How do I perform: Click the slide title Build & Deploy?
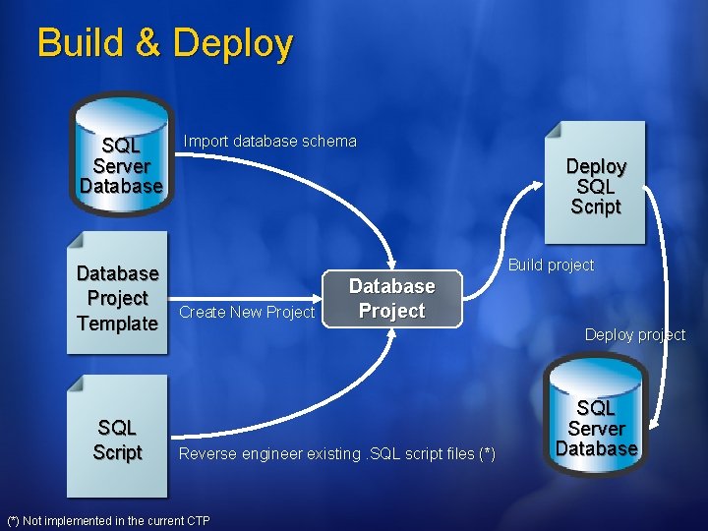pyautogui.click(x=164, y=44)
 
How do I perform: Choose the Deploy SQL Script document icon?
pyautogui.click(x=596, y=183)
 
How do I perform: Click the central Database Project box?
pyautogui.click(x=391, y=299)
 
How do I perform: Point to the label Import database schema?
pyautogui.click(x=270, y=142)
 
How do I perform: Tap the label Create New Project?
pyautogui.click(x=247, y=313)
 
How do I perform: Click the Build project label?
pyautogui.click(x=551, y=265)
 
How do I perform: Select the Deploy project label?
pyautogui.click(x=634, y=334)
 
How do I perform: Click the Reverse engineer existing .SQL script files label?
pyautogui.click(x=336, y=453)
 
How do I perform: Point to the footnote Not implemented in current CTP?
pyautogui.click(x=108, y=520)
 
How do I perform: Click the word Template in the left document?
pyautogui.click(x=117, y=324)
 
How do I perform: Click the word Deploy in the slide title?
pyautogui.click(x=232, y=44)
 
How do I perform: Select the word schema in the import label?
pyautogui.click(x=329, y=142)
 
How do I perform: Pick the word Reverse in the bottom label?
pyautogui.click(x=207, y=453)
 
